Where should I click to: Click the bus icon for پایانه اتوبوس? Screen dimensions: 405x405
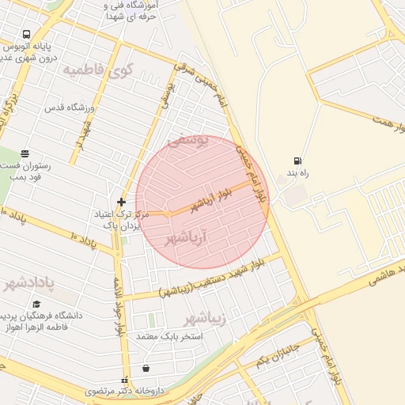27,34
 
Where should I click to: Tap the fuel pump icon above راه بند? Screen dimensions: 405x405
297,161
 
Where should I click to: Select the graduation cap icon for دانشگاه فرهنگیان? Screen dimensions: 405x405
36,305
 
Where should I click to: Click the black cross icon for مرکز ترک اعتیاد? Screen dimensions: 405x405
121,202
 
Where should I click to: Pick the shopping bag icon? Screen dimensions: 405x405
146,368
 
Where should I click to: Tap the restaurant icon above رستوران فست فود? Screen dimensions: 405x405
25,153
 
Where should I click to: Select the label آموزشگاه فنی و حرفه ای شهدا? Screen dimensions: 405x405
130,10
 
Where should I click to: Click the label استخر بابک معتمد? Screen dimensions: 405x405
170,336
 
